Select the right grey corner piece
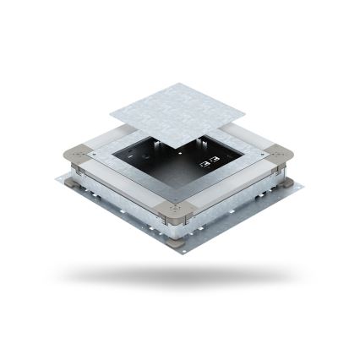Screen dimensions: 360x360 pos(280,158)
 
